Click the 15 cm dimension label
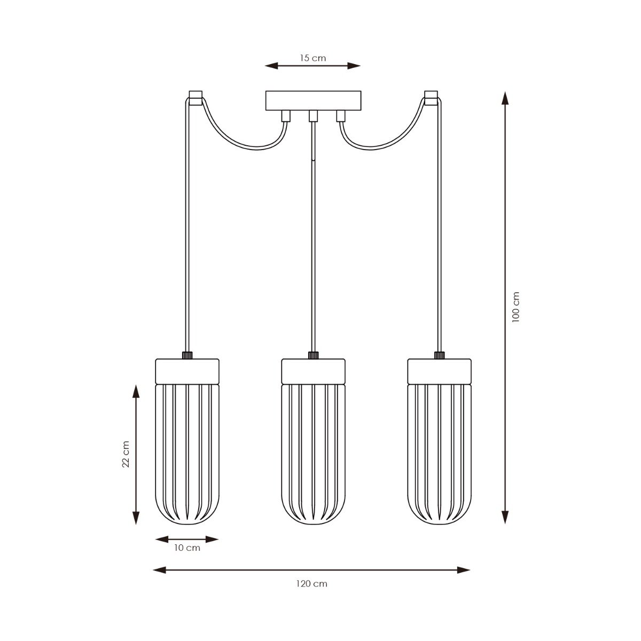pos(312,58)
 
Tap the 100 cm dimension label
pos(515,307)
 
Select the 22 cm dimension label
pos(126,454)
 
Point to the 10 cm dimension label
pos(187,548)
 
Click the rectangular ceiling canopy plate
pos(313,100)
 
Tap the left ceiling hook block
pos(196,98)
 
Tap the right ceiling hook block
pos(431,98)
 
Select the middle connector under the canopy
pos(313,116)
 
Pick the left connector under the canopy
pos(286,116)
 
